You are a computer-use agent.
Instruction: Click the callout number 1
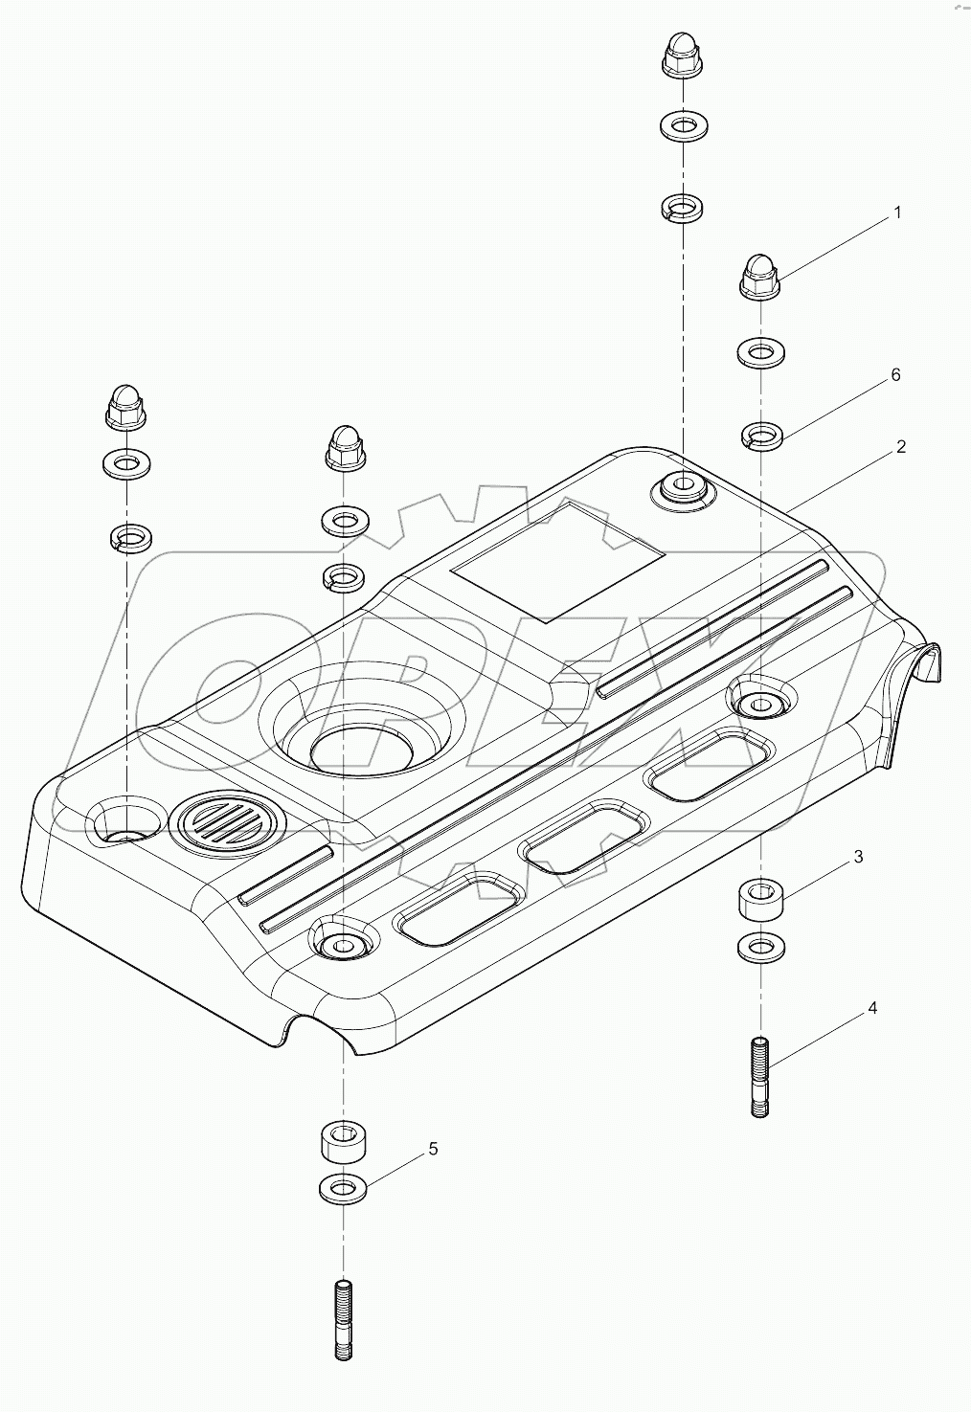pyautogui.click(x=897, y=213)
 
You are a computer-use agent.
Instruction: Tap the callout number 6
pyautogui.click(x=895, y=375)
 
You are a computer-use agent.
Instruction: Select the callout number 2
pyautogui.click(x=900, y=447)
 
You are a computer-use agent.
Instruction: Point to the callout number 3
pyautogui.click(x=858, y=857)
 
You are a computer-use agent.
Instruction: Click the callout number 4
pyautogui.click(x=871, y=1008)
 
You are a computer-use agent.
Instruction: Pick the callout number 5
pyautogui.click(x=433, y=1149)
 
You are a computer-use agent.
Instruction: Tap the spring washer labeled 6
pyautogui.click(x=760, y=437)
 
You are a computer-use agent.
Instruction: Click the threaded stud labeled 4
pyautogui.click(x=759, y=1077)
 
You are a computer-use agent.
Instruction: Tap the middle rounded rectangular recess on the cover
pyautogui.click(x=583, y=836)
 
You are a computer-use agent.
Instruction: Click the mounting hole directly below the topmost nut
pyautogui.click(x=681, y=487)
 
